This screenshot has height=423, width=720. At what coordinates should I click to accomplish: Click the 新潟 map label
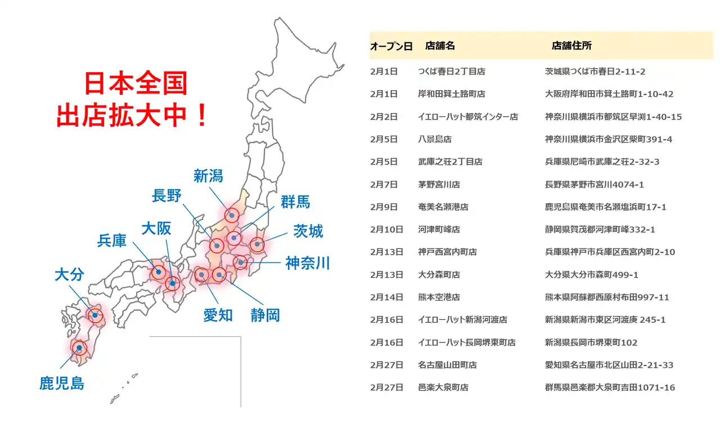pyautogui.click(x=208, y=176)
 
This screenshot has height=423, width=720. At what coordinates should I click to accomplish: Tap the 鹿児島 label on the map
pyautogui.click(x=62, y=384)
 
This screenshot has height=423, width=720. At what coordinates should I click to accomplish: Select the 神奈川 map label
pyautogui.click(x=307, y=263)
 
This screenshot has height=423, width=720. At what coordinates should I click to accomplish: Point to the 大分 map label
pyautogui.click(x=69, y=275)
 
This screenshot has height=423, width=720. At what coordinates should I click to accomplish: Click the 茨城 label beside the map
pyautogui.click(x=308, y=231)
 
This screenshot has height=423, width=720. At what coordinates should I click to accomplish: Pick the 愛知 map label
pyautogui.click(x=218, y=315)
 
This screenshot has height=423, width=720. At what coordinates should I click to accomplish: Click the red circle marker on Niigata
pyautogui.click(x=232, y=215)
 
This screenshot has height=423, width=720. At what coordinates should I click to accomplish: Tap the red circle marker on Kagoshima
pyautogui.click(x=79, y=348)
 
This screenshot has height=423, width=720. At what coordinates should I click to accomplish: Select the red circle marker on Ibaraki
pyautogui.click(x=257, y=244)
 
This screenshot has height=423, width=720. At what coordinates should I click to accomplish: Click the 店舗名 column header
pyautogui.click(x=440, y=46)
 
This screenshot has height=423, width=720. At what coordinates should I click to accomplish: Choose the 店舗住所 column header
pyautogui.click(x=571, y=46)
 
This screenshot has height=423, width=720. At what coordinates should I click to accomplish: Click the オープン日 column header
pyautogui.click(x=391, y=47)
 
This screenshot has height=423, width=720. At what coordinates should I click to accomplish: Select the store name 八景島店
pyautogui.click(x=435, y=139)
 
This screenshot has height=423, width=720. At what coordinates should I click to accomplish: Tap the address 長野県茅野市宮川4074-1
pyautogui.click(x=594, y=184)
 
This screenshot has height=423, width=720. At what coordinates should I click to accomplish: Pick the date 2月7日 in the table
pyautogui.click(x=384, y=184)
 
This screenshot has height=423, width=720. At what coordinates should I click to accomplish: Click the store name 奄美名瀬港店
pyautogui.click(x=443, y=207)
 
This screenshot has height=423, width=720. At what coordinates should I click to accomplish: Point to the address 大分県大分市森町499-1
pyautogui.click(x=591, y=275)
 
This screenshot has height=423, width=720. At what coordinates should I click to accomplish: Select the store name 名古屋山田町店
pyautogui.click(x=447, y=365)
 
